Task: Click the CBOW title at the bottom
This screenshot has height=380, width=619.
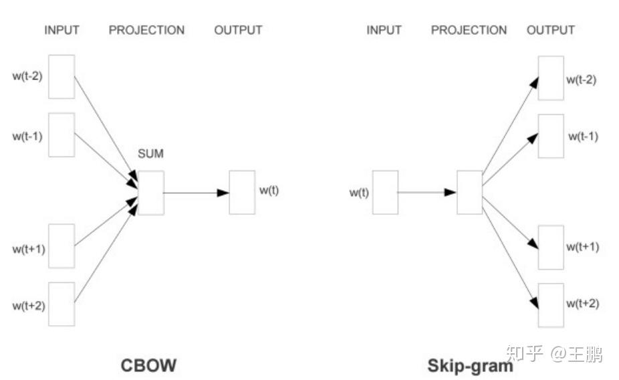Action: (148, 366)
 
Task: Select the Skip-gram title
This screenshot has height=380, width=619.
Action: (470, 366)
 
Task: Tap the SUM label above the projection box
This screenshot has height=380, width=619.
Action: (150, 154)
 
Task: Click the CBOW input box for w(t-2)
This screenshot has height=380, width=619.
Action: (61, 76)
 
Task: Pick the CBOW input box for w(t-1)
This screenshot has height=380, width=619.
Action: (61, 134)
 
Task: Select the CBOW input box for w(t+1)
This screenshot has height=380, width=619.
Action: (61, 246)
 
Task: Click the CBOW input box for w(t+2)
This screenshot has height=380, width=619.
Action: (61, 304)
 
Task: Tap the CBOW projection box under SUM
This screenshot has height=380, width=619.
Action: (151, 193)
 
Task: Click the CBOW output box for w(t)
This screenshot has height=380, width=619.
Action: (242, 193)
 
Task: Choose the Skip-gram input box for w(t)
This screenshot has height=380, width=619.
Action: (385, 193)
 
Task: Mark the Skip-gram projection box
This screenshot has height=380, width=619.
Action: (469, 193)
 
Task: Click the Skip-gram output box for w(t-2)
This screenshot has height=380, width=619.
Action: (551, 78)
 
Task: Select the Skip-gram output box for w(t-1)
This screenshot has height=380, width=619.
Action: (551, 136)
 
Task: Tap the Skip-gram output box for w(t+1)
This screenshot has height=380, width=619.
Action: (551, 247)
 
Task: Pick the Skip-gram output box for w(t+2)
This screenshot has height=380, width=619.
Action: (551, 305)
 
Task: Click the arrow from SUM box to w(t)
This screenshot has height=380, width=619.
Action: (196, 193)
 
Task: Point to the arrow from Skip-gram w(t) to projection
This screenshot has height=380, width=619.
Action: (427, 193)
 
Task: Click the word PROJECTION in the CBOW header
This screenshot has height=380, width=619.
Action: (146, 30)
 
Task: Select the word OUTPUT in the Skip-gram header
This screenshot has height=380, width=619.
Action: (550, 30)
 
